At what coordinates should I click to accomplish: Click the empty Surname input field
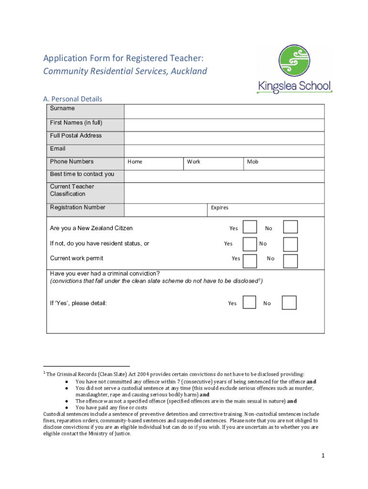224,111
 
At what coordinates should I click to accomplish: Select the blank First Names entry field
224,125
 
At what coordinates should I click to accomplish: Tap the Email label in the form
58,149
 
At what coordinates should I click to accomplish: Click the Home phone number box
154,163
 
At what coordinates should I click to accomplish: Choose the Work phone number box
214,163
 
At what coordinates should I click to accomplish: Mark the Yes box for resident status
249,244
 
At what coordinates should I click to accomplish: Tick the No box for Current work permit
290,261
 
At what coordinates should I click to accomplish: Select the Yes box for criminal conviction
249,302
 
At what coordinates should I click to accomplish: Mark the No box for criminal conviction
289,302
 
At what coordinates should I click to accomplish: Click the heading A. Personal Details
73,99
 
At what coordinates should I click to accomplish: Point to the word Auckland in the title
188,71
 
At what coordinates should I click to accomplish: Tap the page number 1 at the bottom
323,456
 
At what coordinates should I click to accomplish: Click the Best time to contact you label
82,174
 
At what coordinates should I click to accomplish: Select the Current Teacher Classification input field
224,192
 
